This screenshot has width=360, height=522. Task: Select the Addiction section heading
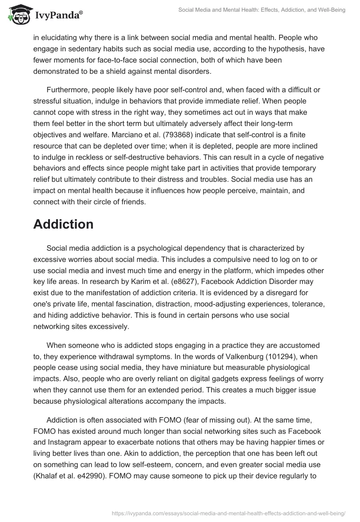(63, 224)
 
